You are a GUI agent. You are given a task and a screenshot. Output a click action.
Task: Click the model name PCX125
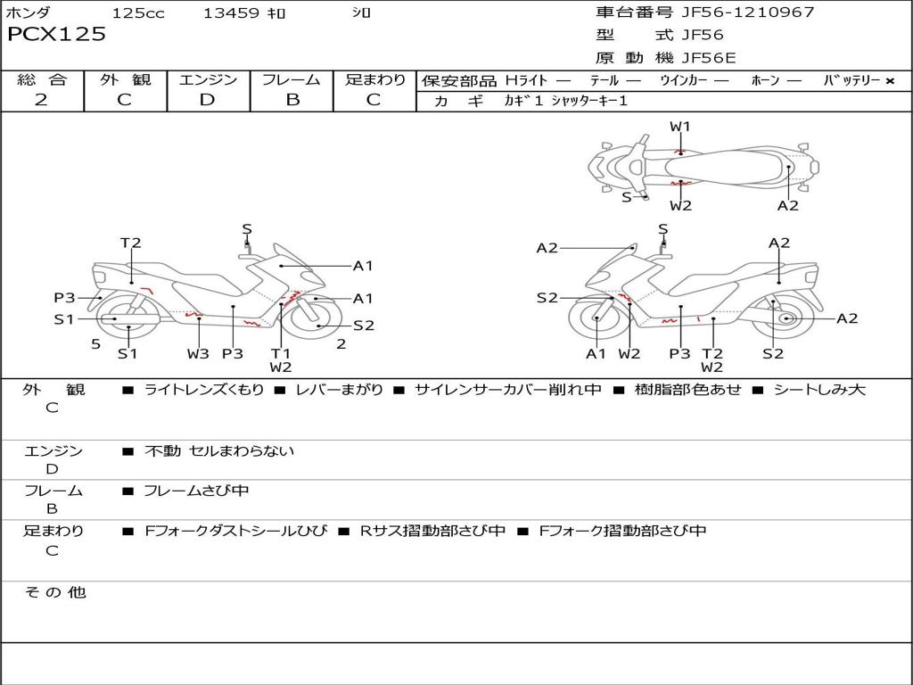click(56, 35)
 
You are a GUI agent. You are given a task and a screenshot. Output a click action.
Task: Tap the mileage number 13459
click(231, 12)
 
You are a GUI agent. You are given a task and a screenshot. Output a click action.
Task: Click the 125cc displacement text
click(138, 12)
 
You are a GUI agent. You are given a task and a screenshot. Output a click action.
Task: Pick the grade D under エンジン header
click(207, 100)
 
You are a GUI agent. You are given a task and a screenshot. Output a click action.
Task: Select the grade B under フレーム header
click(292, 100)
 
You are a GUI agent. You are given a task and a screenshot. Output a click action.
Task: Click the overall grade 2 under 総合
click(41, 100)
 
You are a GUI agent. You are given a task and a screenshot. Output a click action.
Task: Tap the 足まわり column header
click(375, 79)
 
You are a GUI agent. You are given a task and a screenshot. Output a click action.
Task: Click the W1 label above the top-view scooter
click(680, 127)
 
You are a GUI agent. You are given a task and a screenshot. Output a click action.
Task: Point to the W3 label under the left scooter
click(198, 353)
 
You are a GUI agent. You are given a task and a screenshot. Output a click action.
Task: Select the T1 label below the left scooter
click(281, 353)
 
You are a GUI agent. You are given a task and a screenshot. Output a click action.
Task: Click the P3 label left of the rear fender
click(65, 298)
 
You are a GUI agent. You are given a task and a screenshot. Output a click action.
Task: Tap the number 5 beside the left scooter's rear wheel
click(95, 343)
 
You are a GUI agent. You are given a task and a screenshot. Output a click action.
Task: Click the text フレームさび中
click(196, 491)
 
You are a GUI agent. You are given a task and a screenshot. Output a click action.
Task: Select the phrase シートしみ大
click(818, 390)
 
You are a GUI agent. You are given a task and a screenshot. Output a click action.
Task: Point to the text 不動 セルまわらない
click(219, 451)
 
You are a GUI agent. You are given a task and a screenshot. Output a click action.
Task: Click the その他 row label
click(54, 592)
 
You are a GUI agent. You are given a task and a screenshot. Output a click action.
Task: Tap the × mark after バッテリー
click(889, 80)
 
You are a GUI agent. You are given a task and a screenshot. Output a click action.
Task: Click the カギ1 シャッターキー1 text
click(565, 101)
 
